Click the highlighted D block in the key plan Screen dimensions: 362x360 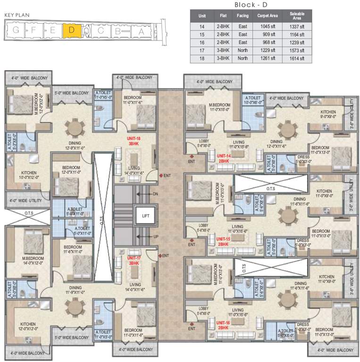coord(71,31)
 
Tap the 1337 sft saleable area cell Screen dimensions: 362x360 coord(297,27)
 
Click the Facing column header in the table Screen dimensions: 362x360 coord(243,16)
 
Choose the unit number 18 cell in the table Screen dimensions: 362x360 coord(202,58)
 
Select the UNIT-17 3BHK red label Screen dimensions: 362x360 coord(134,261)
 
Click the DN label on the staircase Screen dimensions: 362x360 coord(156,194)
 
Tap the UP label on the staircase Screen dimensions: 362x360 coord(156,237)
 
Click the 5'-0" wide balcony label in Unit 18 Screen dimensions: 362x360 coord(71,93)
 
